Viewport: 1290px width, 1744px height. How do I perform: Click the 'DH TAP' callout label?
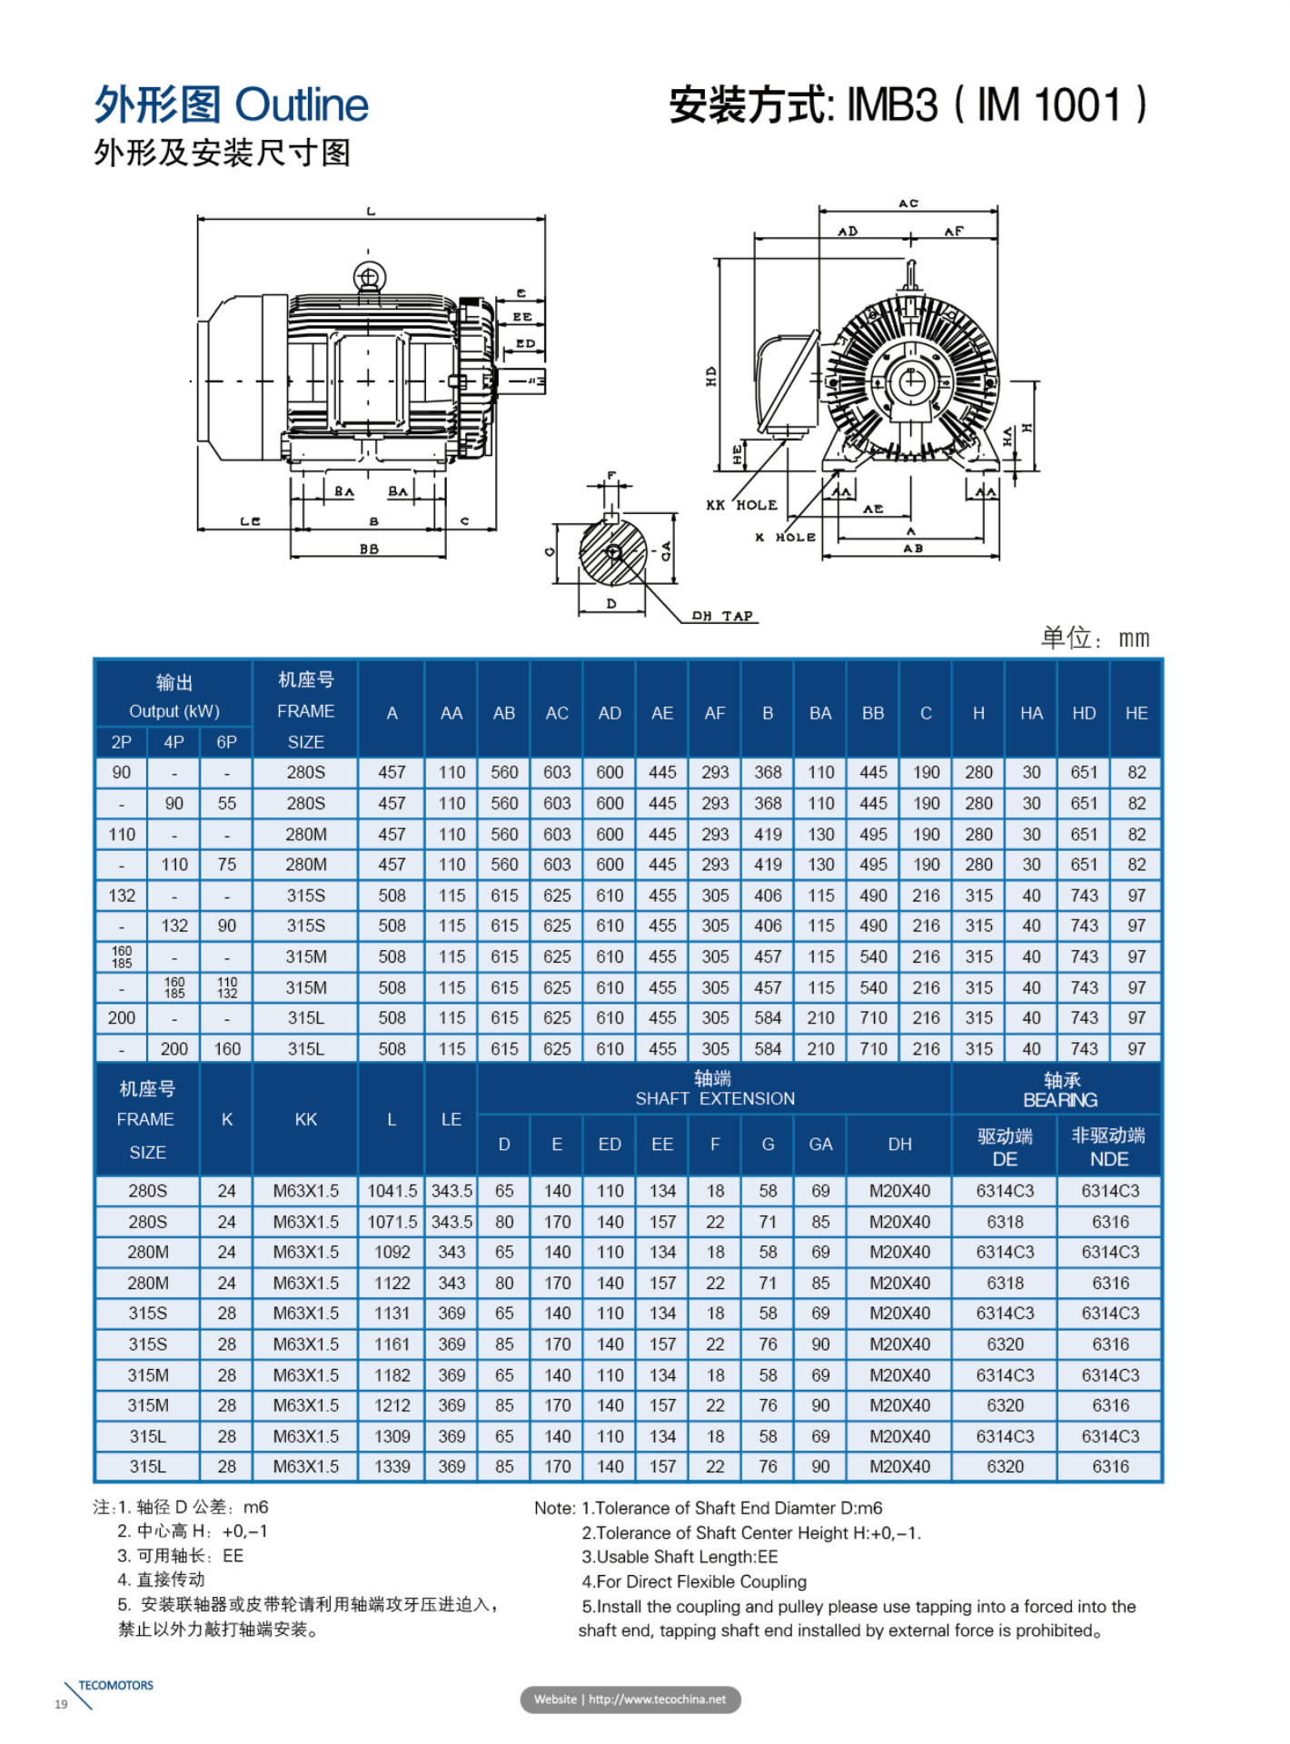722,616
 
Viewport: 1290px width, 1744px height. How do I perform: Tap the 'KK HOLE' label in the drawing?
741,505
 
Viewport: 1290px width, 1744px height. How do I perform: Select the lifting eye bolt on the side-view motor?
369,276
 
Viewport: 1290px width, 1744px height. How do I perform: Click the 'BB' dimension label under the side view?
369,549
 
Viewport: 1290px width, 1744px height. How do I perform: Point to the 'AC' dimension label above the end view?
908,203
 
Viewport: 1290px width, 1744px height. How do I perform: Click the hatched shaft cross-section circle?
613,552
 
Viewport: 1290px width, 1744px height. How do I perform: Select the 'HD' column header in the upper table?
1083,713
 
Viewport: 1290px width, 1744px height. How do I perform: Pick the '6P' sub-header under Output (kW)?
226,742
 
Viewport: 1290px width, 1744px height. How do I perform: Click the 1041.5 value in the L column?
392,1191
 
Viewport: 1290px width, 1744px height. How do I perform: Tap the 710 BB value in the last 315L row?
873,1048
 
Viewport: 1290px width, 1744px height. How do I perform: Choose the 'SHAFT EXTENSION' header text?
715,1099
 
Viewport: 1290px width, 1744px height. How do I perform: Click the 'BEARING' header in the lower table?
1060,1100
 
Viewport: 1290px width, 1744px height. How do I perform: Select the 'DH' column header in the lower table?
899,1144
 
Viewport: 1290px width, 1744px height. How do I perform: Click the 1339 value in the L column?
392,1467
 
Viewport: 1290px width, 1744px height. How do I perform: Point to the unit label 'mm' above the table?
1134,639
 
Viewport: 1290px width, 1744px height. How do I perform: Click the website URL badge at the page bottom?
630,1699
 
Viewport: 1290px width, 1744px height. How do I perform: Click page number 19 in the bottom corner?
61,1704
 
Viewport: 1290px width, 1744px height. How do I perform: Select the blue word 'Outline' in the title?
302,104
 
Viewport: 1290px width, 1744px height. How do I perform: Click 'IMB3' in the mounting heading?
892,105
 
